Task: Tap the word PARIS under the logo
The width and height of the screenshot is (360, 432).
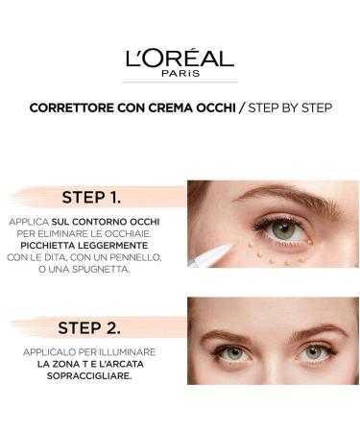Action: click(x=180, y=73)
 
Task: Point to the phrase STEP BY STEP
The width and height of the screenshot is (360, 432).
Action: click(x=290, y=108)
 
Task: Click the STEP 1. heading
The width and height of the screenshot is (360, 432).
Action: click(x=91, y=198)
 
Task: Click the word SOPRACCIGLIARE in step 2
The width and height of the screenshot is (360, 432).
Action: click(x=92, y=375)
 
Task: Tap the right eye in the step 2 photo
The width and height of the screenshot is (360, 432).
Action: click(x=312, y=352)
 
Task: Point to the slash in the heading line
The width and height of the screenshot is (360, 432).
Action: click(x=242, y=108)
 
